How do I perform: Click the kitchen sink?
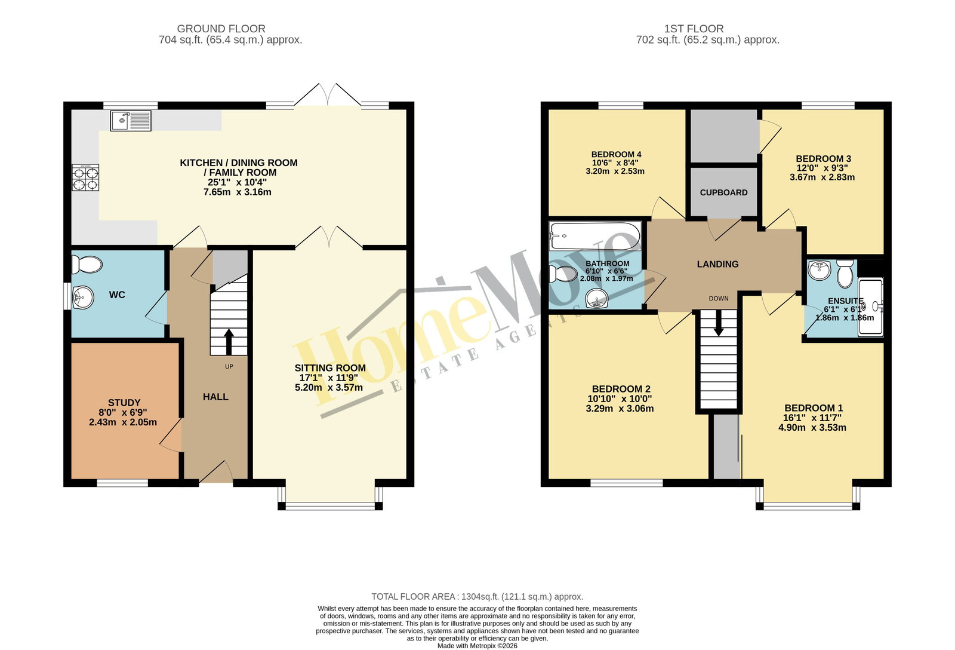[x=131, y=121]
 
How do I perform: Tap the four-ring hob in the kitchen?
[x=85, y=177]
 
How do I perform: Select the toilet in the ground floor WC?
[x=87, y=265]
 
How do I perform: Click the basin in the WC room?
[x=82, y=297]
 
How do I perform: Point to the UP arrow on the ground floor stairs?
[x=229, y=342]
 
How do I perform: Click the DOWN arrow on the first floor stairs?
[x=719, y=323]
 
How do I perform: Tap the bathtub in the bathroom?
[x=595, y=236]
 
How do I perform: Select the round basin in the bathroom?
[x=596, y=298]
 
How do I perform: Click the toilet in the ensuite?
[x=845, y=274]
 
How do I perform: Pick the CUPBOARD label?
[x=723, y=192]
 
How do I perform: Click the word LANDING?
[x=717, y=264]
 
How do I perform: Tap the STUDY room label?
[x=124, y=403]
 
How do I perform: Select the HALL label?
[x=215, y=397]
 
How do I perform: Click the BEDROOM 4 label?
[x=616, y=154]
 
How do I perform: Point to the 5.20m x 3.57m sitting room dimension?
[x=329, y=388]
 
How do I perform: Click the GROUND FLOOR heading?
[x=221, y=29]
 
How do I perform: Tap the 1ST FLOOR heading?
[x=694, y=29]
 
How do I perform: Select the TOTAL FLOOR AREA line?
[x=477, y=597]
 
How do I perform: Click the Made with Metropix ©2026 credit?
[x=477, y=646]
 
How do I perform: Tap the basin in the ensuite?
[x=819, y=270]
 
